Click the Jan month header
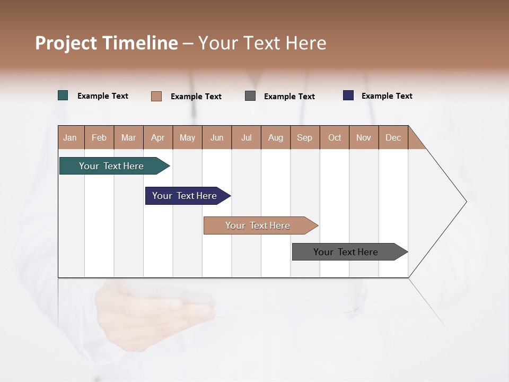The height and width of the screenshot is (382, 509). click(x=71, y=137)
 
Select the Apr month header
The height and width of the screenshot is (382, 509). click(x=158, y=137)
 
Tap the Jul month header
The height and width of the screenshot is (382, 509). click(x=246, y=137)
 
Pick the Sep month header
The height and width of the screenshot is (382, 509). click(x=305, y=137)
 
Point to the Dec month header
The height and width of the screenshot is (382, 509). click(x=393, y=137)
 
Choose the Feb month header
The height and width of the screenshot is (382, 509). click(x=99, y=137)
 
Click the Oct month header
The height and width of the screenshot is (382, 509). click(x=335, y=137)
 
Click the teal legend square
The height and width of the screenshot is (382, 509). click(x=63, y=95)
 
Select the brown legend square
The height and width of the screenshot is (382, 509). click(x=156, y=96)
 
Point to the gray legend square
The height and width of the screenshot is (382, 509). click(x=250, y=96)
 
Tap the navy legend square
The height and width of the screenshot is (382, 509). click(x=348, y=95)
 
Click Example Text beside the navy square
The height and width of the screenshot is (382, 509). click(x=387, y=96)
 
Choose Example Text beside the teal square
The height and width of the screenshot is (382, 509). click(x=103, y=96)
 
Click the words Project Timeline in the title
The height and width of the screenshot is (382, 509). click(x=107, y=43)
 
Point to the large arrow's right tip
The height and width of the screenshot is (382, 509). click(x=466, y=202)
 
